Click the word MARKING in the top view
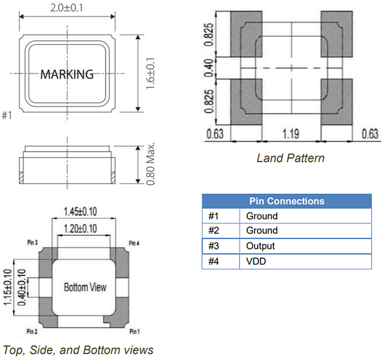coord(67,74)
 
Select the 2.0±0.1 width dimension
coord(67,7)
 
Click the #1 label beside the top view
coord(7,115)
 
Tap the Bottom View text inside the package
coord(84,287)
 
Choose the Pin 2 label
coord(33,331)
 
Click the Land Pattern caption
coord(290,158)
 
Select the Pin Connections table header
coord(287,201)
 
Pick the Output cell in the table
coord(260,246)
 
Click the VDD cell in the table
coord(256,262)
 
